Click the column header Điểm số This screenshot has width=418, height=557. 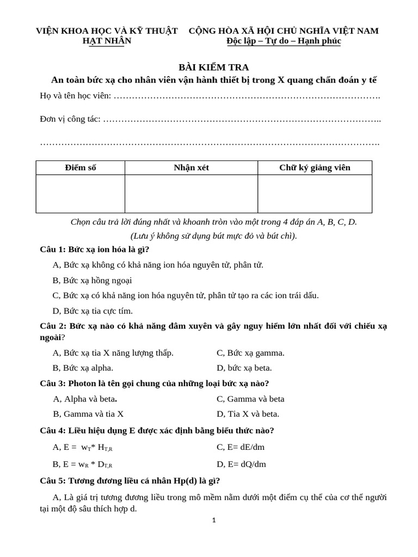[x=81, y=168]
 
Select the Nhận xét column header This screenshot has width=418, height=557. [x=191, y=168]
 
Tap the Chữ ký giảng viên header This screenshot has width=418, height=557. [x=315, y=168]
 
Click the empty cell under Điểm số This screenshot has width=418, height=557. [x=81, y=194]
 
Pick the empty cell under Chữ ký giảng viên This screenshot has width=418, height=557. [x=315, y=194]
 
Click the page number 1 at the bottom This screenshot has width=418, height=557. [x=214, y=520]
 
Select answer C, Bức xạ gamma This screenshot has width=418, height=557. [x=250, y=352]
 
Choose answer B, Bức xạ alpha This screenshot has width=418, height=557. [x=83, y=368]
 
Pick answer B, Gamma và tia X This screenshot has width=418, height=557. [x=88, y=413]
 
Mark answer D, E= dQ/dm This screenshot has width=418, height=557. [x=241, y=464]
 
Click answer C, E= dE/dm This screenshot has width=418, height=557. [x=241, y=447]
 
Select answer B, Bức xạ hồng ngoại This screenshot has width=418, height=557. [x=92, y=280]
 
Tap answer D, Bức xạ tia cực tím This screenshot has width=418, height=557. [x=93, y=311]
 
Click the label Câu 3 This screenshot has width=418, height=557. [x=53, y=383]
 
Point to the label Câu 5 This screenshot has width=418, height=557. [x=53, y=481]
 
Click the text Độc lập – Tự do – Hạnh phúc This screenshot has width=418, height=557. [x=284, y=41]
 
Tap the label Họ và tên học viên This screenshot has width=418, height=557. [x=75, y=96]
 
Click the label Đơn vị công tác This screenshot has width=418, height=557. [x=70, y=119]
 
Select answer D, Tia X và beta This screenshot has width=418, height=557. [x=248, y=413]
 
